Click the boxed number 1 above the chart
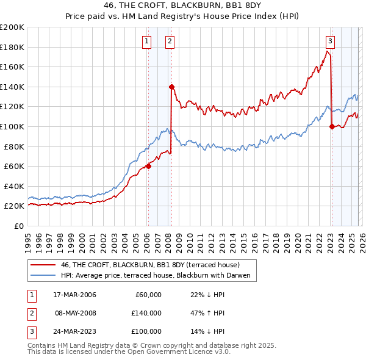[x=148, y=41]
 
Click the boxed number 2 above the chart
[x=169, y=41]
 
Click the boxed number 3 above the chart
[x=330, y=41]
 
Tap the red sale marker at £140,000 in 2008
[x=171, y=87]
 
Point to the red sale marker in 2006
[x=148, y=166]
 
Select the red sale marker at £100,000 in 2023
[x=332, y=126]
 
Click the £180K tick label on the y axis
[x=12, y=47]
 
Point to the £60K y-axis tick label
[x=15, y=166]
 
